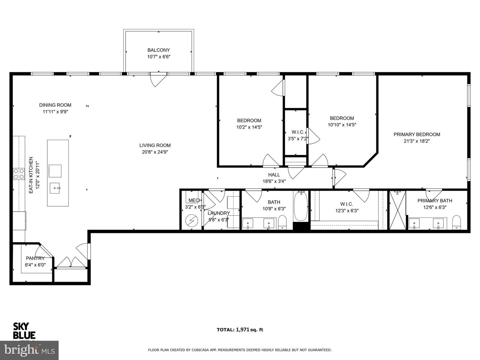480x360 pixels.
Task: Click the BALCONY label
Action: click(x=159, y=50)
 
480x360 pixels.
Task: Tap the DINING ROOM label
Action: click(x=55, y=105)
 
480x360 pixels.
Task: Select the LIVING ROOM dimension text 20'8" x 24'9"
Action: click(x=155, y=152)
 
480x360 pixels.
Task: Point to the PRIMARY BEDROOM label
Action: click(x=417, y=134)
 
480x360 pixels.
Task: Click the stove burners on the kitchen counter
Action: click(x=19, y=174)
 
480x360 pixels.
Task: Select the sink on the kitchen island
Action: click(x=55, y=188)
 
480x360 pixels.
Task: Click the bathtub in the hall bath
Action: click(x=301, y=206)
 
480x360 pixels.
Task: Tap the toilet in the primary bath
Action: click(x=456, y=222)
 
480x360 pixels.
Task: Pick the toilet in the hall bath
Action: click(x=282, y=222)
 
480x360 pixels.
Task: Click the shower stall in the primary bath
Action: click(x=398, y=210)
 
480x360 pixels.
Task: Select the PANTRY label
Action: click(x=35, y=258)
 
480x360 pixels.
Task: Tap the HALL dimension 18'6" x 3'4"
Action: click(x=274, y=181)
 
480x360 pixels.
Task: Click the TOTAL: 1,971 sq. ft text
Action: click(x=240, y=330)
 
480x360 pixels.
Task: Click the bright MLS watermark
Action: click(x=29, y=350)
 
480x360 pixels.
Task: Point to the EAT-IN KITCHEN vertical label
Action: click(x=31, y=175)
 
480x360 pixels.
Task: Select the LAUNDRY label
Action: click(x=219, y=213)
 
